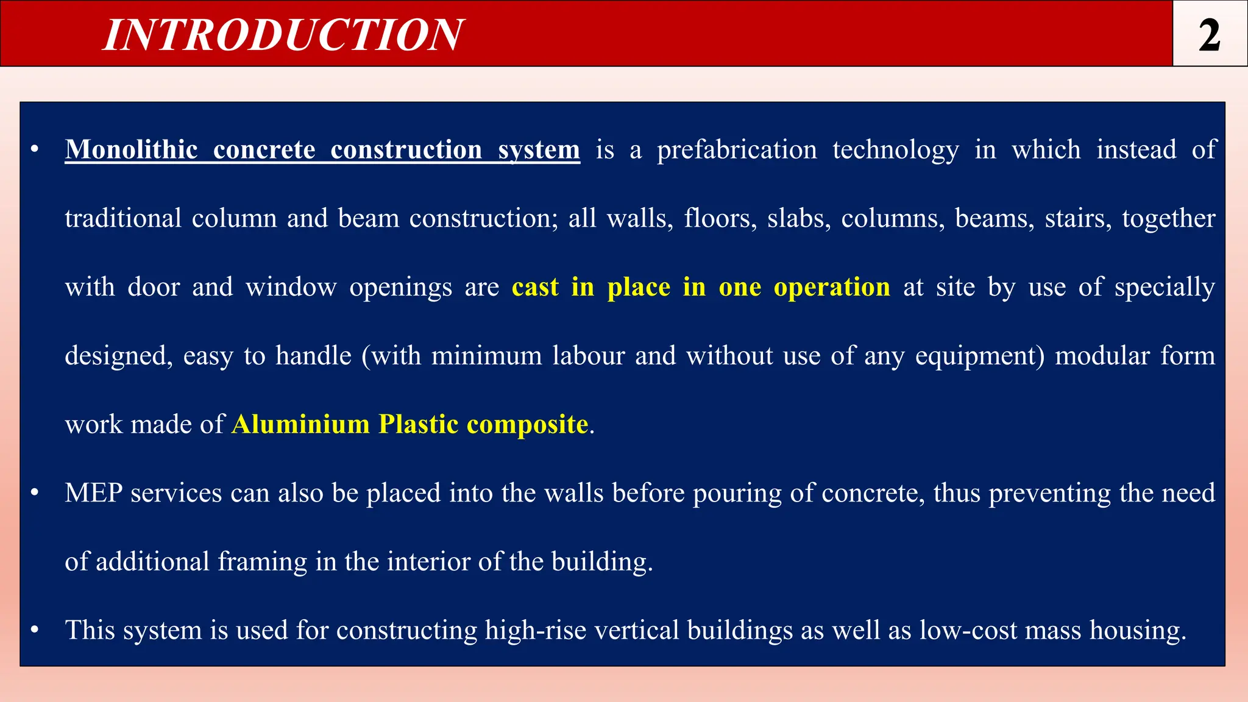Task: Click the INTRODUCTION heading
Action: click(283, 35)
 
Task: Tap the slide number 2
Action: click(1210, 35)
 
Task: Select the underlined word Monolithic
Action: click(132, 150)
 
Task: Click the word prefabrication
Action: click(737, 150)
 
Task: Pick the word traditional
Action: click(123, 218)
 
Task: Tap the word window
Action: click(291, 287)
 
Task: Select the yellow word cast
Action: click(535, 287)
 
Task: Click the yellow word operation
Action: click(832, 288)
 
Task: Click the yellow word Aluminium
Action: click(300, 424)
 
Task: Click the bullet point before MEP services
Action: click(35, 492)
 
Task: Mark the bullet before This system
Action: click(35, 629)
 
